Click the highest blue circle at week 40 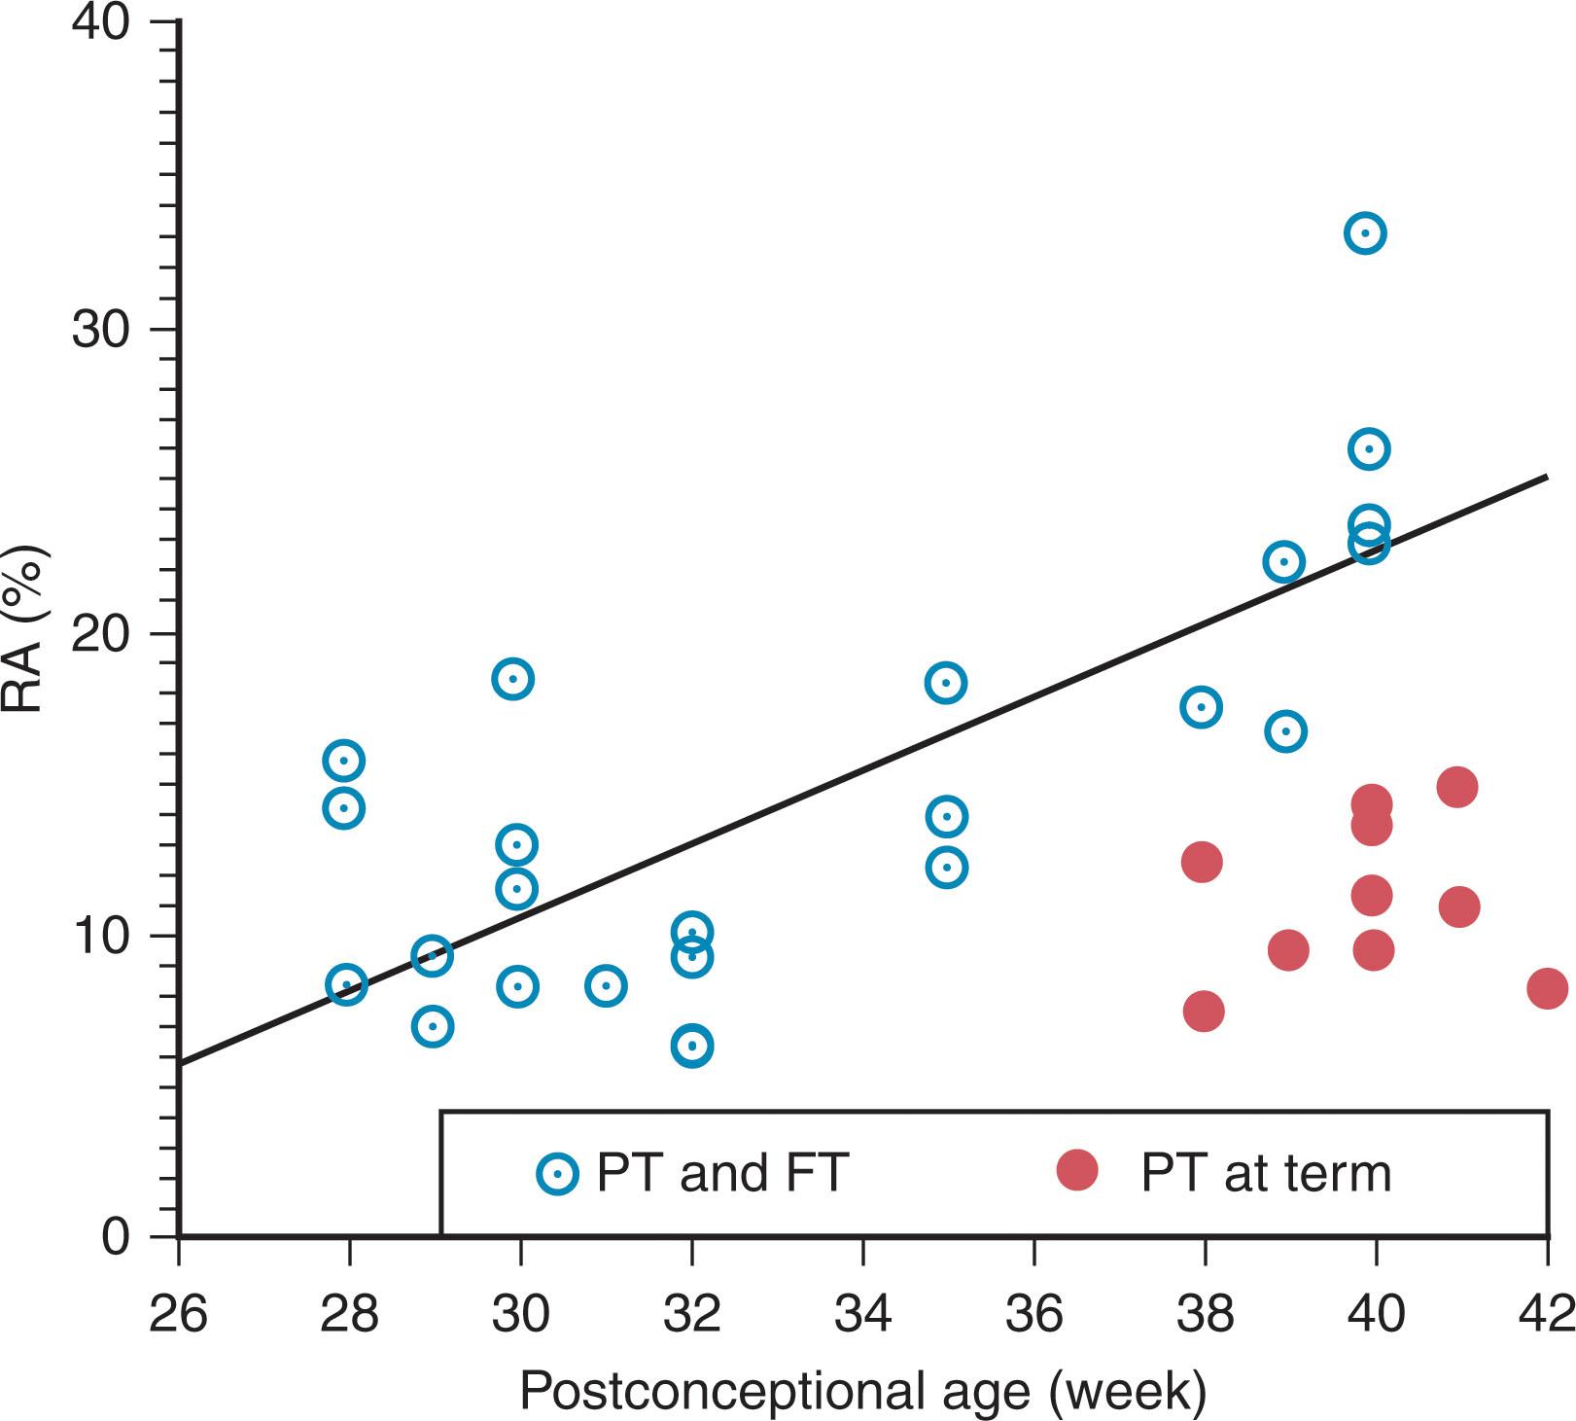coord(1365,233)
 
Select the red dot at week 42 coord(1547,989)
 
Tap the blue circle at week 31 coord(606,986)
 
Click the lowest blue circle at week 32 coord(691,1047)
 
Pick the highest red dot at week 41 coord(1457,787)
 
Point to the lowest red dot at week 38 coord(1204,1012)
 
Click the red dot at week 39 coord(1288,950)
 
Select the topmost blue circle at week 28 coord(343,761)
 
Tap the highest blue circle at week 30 coord(513,678)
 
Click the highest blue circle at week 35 coord(946,683)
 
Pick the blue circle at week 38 coord(1201,707)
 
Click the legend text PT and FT coord(722,1173)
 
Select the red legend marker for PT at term coord(1077,1170)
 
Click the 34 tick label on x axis coord(862,1314)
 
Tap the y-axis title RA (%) coord(23,633)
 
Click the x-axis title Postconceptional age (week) coord(862,1391)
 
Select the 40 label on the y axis coord(100,22)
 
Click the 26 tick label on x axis coord(179,1314)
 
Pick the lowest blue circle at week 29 coord(433,1026)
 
